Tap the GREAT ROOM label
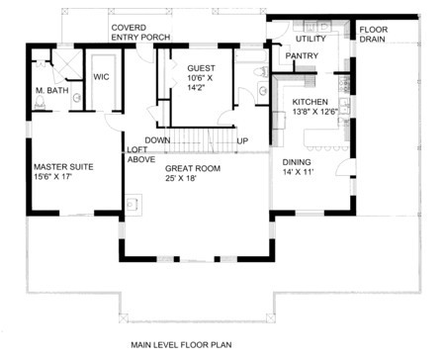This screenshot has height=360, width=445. pos(193,168)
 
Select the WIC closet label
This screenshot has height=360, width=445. pos(101,77)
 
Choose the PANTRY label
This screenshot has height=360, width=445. pos(302,56)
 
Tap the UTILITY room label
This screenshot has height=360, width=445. pos(311,39)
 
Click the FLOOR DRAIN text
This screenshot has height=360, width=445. pos(374,35)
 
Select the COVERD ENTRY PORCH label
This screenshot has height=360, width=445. pos(140,33)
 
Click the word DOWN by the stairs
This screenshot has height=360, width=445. pos(157,140)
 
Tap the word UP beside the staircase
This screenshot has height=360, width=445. pos(242,141)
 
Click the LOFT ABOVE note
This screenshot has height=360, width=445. pos(141,154)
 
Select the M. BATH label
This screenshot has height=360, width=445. pos(52,90)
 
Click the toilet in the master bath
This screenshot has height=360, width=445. pos(40,104)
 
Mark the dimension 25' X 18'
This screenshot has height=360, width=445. pos(181,178)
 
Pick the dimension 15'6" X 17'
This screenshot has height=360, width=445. pos(52,177)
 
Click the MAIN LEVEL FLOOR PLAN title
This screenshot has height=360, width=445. pos(181,345)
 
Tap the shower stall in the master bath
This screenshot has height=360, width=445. pos(67,64)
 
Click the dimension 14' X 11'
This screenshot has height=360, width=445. pos(298,172)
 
